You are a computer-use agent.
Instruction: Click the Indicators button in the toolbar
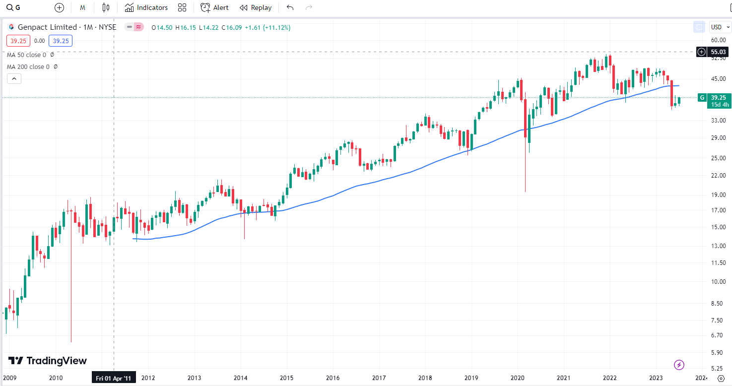[146, 7]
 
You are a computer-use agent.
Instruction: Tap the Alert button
[214, 7]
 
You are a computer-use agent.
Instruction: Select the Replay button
[256, 7]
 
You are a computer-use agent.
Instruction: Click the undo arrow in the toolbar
[290, 7]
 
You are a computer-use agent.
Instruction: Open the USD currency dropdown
[720, 27]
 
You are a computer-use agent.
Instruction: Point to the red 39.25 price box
[18, 41]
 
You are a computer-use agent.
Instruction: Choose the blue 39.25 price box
[61, 41]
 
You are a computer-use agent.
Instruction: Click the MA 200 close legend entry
[28, 66]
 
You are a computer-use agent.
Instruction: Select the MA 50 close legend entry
[26, 55]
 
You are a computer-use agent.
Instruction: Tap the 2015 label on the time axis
[286, 378]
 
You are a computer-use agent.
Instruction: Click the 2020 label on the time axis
[517, 378]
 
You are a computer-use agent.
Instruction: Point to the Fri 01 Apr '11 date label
[114, 378]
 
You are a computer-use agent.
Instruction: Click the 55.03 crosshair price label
[718, 52]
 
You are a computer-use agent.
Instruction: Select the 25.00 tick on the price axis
[718, 158]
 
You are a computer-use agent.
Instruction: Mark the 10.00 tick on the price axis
[718, 281]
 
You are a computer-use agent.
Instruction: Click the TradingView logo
[47, 361]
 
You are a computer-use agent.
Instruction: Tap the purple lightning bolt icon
[679, 365]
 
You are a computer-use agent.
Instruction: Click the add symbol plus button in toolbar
[59, 7]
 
